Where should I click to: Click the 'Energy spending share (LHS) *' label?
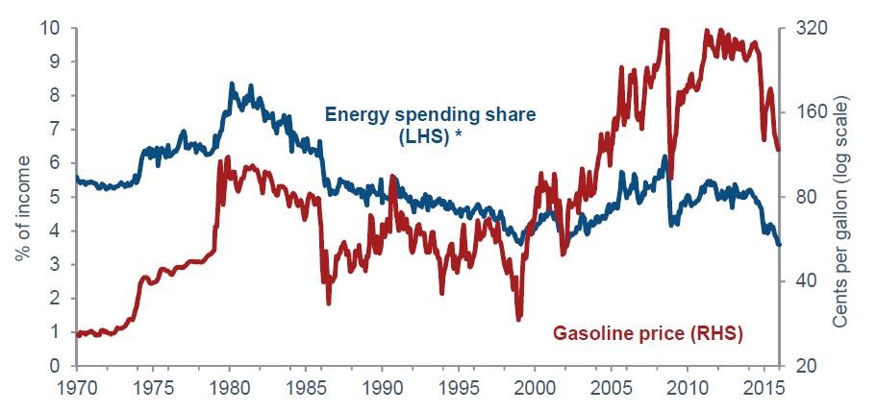pyautogui.click(x=429, y=125)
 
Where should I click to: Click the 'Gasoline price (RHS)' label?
pyautogui.click(x=649, y=334)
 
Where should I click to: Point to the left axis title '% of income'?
pyautogui.click(x=20, y=198)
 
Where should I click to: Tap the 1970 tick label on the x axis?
pyautogui.click(x=76, y=392)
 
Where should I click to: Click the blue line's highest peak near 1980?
pyautogui.click(x=232, y=85)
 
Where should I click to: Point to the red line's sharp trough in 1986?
pyautogui.click(x=329, y=303)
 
